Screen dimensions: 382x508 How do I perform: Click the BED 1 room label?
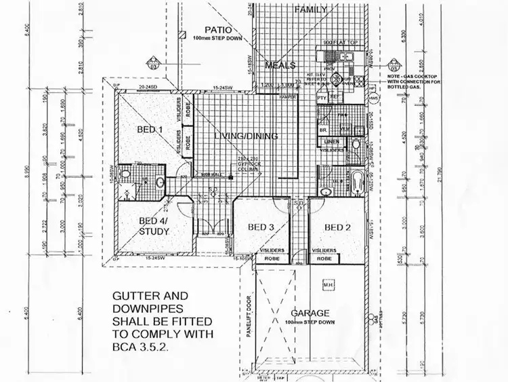(150, 130)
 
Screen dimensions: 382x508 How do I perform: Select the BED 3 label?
(260, 227)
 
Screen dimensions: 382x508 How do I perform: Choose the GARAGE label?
(310, 313)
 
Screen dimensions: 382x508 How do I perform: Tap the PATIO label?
(219, 30)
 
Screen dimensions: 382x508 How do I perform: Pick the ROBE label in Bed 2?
(324, 259)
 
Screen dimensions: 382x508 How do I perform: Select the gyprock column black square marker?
(231, 176)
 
